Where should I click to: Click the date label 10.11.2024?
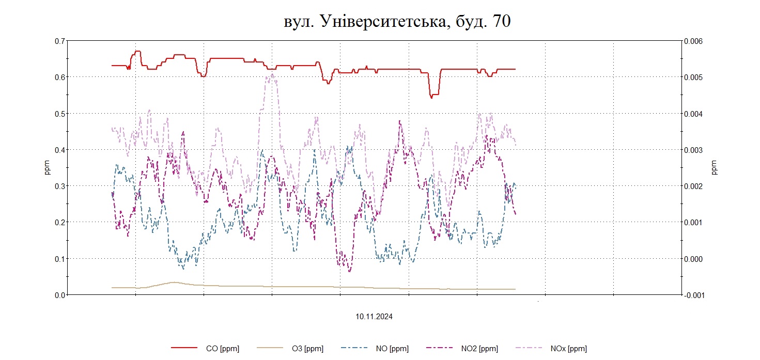click(374, 317)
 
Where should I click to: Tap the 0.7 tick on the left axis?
click(60, 41)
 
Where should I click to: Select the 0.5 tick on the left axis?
click(60, 113)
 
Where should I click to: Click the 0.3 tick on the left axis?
click(60, 186)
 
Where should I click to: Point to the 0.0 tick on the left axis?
click(60, 295)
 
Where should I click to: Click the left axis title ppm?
click(48, 168)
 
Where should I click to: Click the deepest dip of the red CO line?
click(431, 97)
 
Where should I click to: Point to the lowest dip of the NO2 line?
click(350, 271)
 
